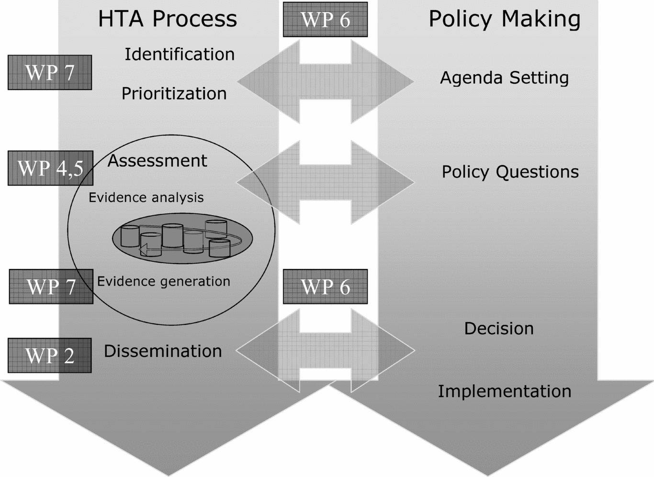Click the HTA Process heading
167,19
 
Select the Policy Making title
504,19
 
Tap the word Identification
180,55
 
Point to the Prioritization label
174,94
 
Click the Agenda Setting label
504,78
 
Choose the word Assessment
157,161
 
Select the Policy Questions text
510,172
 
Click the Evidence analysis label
146,198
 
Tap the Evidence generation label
163,281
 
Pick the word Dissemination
163,351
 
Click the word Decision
498,329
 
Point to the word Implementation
504,391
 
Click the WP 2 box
50,355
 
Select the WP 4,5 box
50,168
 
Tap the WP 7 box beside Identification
50,72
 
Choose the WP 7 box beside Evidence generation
51,287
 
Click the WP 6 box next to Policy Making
325,20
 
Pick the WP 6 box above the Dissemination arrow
325,287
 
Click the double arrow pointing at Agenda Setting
325,82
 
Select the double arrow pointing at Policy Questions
325,182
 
